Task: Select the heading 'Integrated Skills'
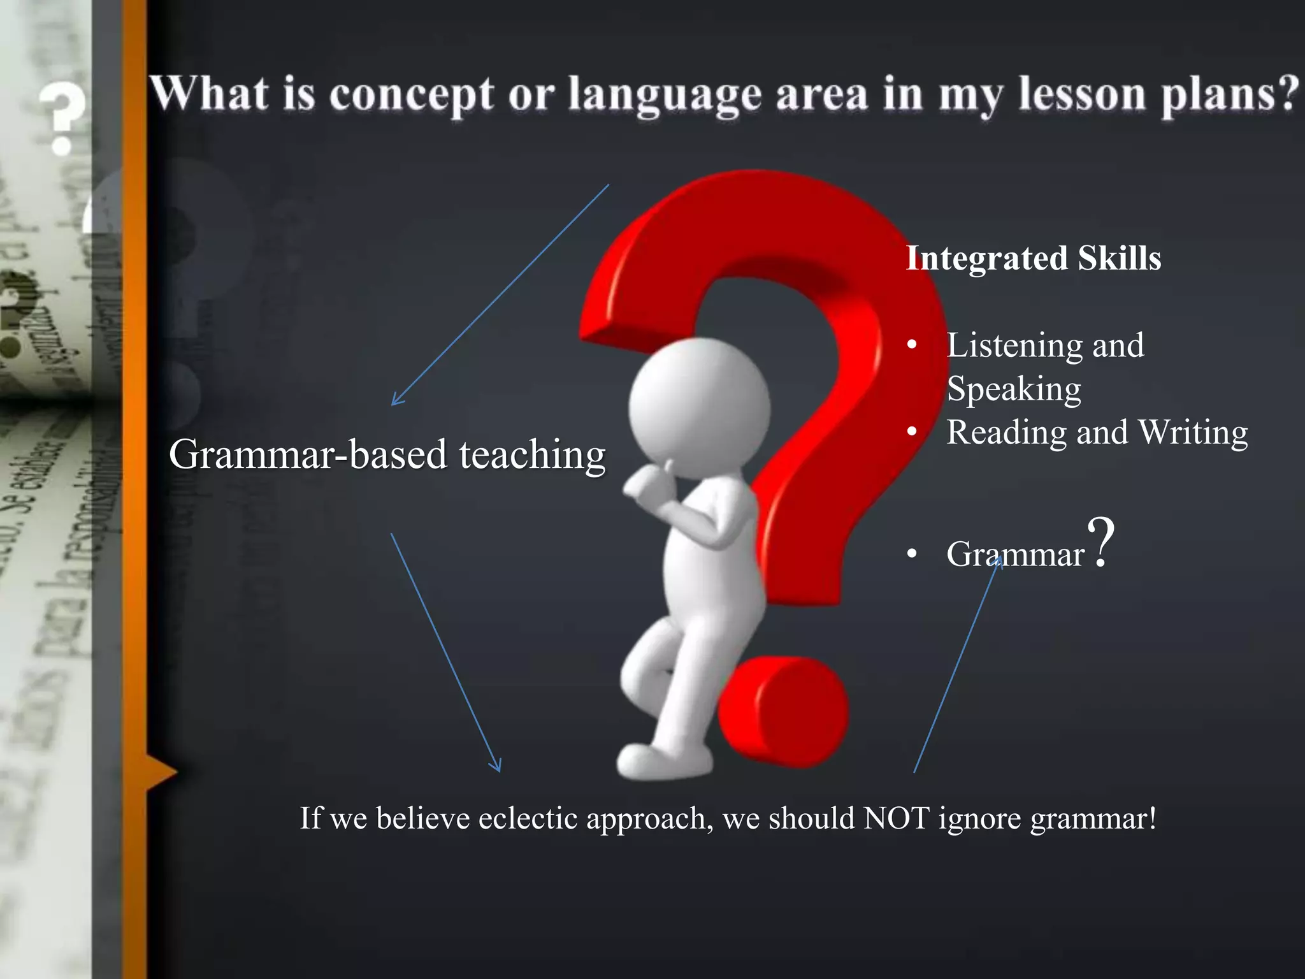point(1034,258)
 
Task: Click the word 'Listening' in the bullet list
point(1016,345)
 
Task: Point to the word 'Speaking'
point(1014,389)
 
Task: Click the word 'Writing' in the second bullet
point(1192,432)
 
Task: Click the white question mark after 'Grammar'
point(1101,542)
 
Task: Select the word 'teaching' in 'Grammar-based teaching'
point(532,454)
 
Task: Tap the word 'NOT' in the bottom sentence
point(896,818)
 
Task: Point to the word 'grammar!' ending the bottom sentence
point(1093,819)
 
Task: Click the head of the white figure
point(699,408)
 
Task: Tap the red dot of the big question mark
point(784,711)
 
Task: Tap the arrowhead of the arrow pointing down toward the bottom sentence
point(497,767)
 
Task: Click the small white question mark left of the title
point(62,118)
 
